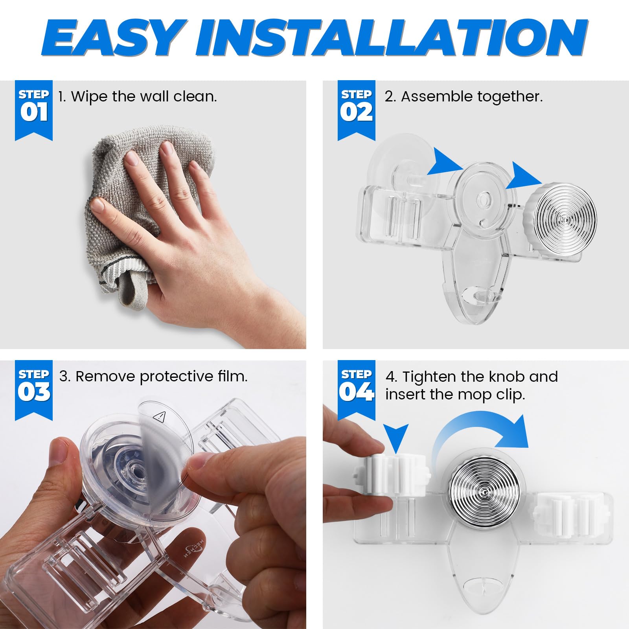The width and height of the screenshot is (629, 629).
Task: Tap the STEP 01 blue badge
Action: point(34,110)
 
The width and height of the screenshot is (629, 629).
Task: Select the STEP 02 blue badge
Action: point(356,110)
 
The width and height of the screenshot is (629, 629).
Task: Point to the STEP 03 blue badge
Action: point(34,390)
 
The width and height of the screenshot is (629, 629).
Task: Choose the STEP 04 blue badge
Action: point(356,390)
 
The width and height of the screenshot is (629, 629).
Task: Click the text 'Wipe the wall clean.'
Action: point(144,96)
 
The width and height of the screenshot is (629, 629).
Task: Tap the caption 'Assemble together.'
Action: point(472,97)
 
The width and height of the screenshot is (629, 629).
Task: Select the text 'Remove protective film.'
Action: point(162,377)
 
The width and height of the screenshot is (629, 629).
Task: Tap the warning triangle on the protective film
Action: point(160,416)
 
